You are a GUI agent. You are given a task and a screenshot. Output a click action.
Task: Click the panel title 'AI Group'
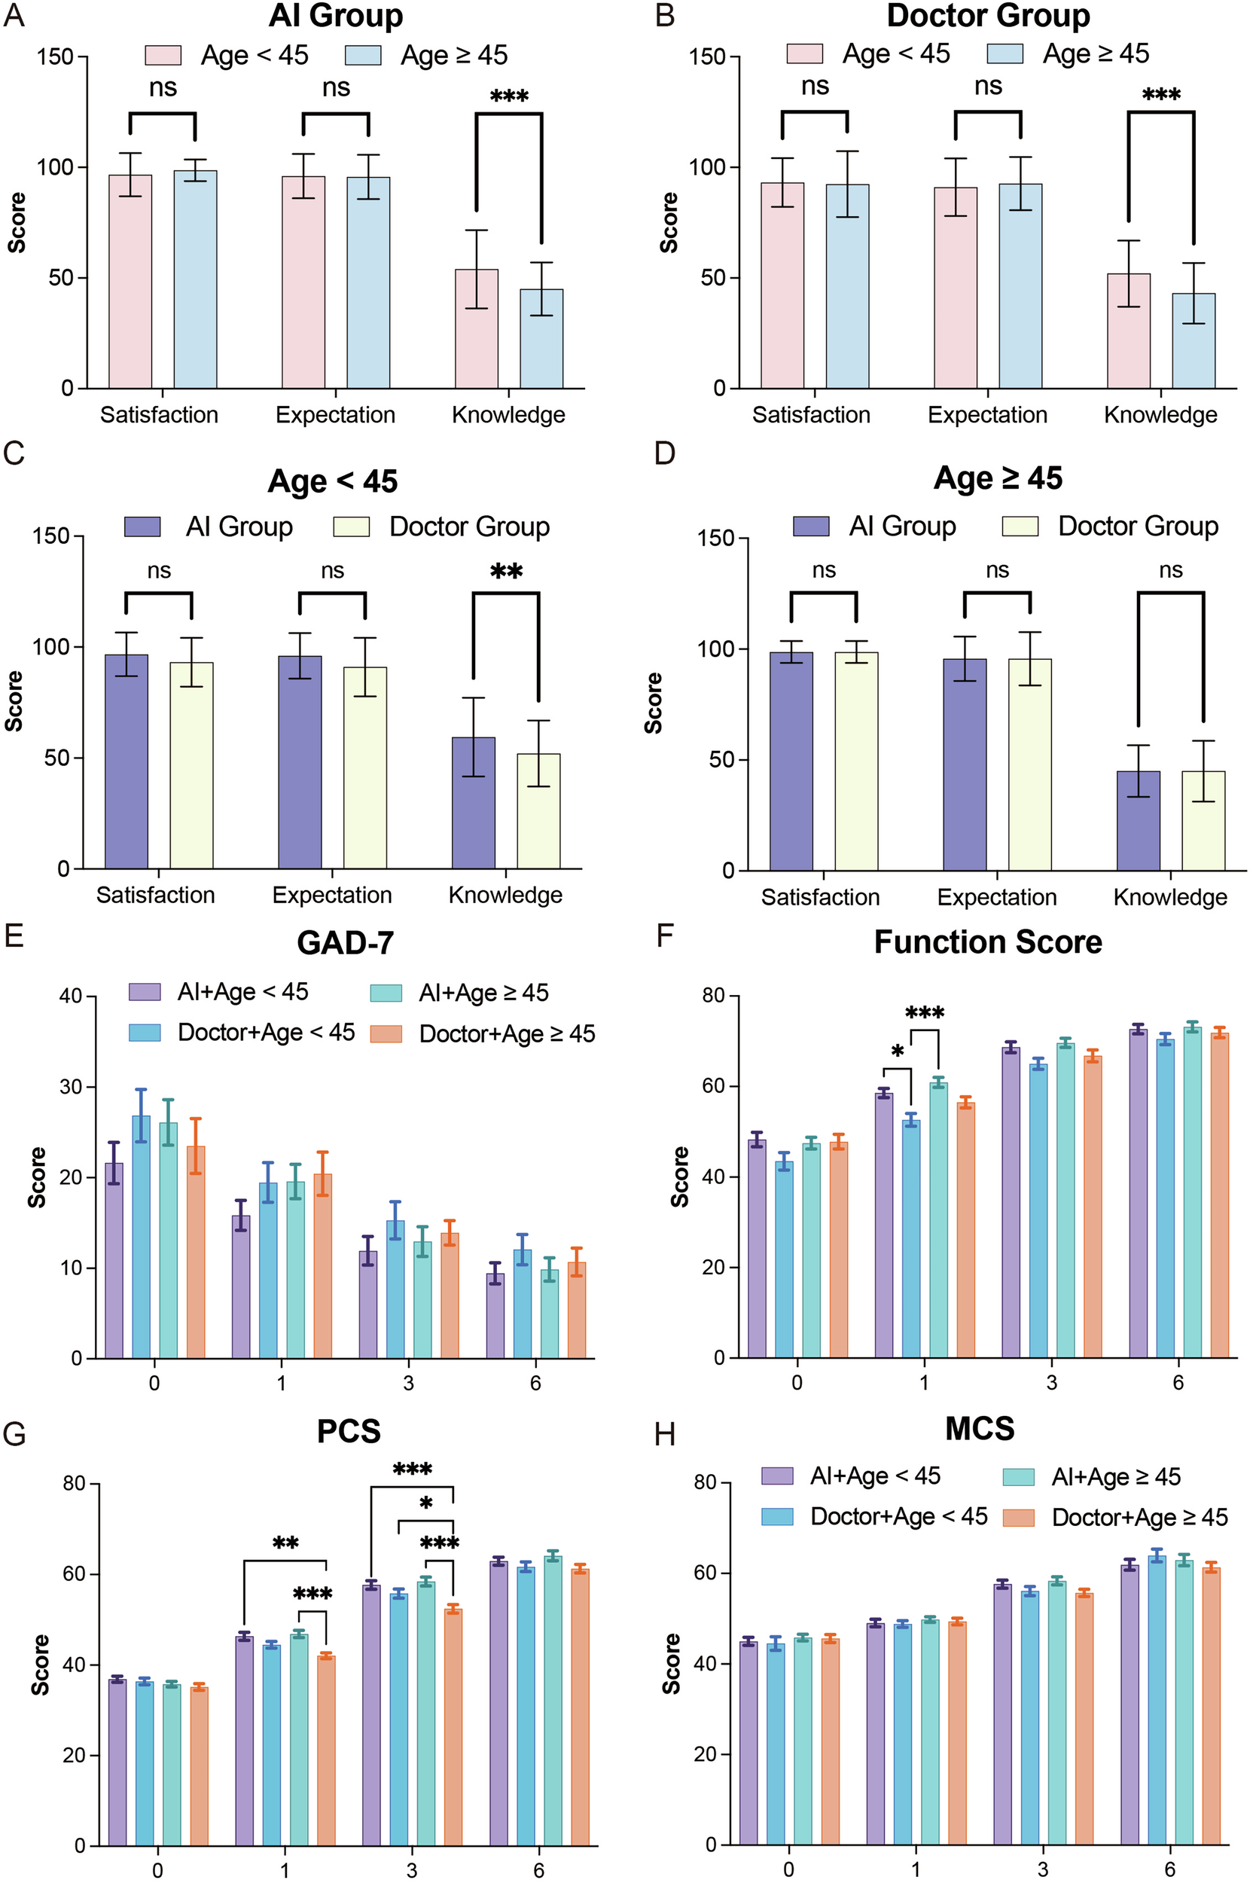336,16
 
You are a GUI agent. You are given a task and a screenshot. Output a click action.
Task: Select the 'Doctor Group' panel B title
989,16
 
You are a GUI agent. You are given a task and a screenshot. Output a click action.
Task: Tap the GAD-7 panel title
345,943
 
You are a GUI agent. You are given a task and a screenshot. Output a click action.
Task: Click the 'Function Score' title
988,942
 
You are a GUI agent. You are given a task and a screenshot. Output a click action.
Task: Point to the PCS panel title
349,1430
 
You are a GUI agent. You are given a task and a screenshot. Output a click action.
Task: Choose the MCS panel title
980,1428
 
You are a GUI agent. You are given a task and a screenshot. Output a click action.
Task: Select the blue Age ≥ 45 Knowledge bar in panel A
541,339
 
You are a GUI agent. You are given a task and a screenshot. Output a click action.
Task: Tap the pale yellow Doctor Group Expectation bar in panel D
1029,764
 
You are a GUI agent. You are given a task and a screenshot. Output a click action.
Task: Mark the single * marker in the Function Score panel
898,1051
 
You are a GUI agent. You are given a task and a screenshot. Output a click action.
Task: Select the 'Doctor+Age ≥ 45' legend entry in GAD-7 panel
507,1034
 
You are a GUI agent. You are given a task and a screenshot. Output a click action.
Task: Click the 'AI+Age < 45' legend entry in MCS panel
875,1476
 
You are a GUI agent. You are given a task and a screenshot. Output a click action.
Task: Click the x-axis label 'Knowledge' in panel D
1170,898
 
